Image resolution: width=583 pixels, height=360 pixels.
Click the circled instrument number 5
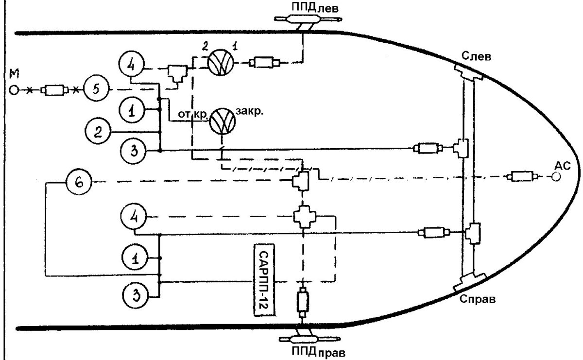pos(96,90)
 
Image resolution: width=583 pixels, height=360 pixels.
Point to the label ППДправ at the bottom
pos(313,352)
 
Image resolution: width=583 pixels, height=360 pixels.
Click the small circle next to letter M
pos(15,90)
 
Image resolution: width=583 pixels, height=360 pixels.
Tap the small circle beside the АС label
pos(555,178)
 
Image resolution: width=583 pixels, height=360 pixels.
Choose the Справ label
pos(477,298)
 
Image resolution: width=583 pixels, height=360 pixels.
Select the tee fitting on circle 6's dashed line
pos(301,182)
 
